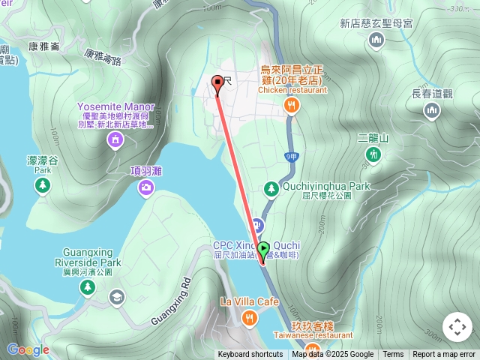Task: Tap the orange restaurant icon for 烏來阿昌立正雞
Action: tap(292, 106)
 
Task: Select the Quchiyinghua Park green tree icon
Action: tap(272, 189)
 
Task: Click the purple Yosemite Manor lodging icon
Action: tap(115, 140)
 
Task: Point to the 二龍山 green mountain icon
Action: tap(373, 154)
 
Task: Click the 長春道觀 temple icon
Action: tap(432, 111)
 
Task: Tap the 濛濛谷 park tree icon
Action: tap(43, 184)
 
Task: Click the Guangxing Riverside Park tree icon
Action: tap(88, 287)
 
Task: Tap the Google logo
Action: tap(28, 349)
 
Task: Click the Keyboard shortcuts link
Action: tap(250, 355)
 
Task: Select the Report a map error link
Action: tap(444, 355)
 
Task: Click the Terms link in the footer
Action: tap(393, 355)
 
